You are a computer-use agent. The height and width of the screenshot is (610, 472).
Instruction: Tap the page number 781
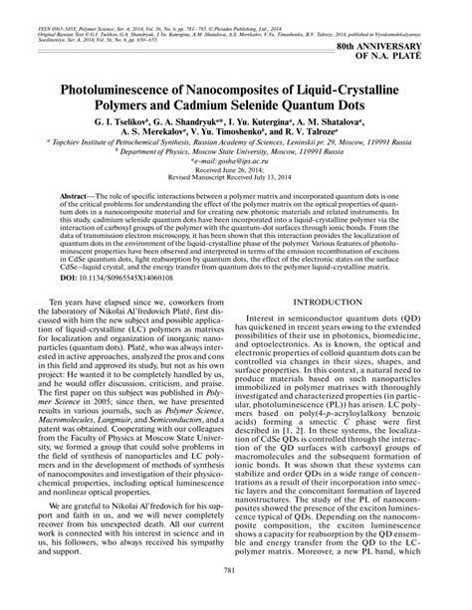click(x=236, y=595)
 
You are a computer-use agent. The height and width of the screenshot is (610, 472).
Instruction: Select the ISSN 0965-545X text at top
click(x=49, y=16)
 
